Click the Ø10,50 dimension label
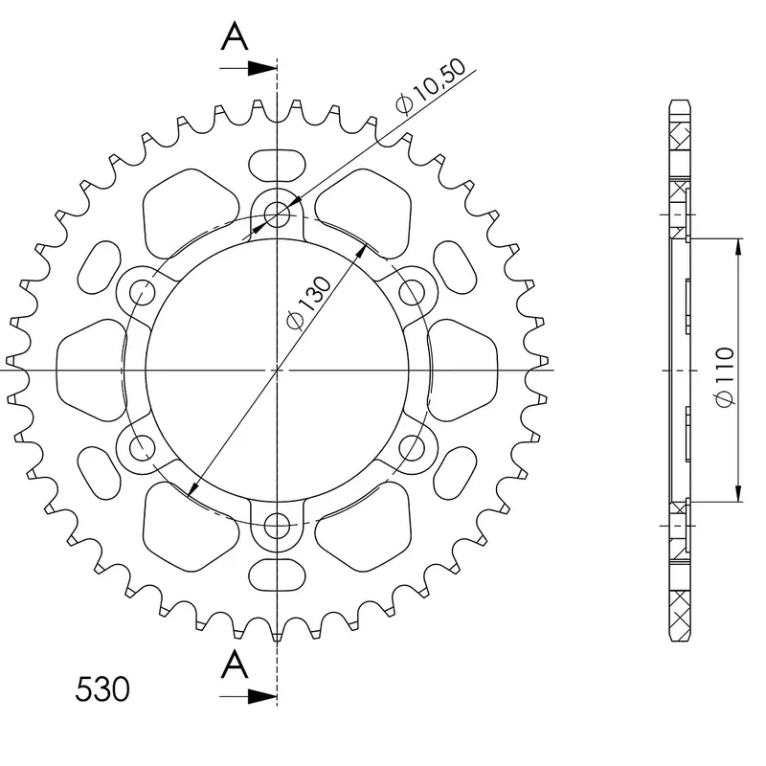click(431, 86)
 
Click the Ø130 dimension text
click(308, 303)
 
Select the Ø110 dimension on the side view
click(724, 376)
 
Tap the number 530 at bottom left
click(102, 688)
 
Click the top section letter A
click(235, 36)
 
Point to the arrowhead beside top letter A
click(262, 68)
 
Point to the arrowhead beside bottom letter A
click(262, 696)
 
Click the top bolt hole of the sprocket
click(277, 214)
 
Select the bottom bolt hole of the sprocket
click(277, 526)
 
